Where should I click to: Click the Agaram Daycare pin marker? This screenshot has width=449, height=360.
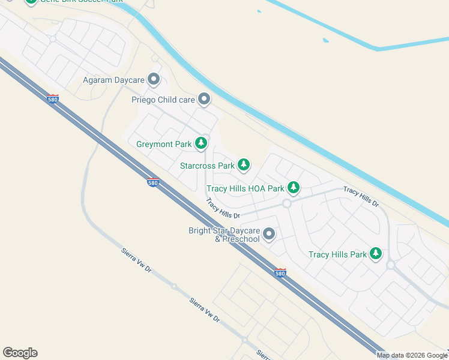click(154, 79)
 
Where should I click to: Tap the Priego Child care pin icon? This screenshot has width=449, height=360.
click(204, 99)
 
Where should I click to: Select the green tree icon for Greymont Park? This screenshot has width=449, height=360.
click(202, 143)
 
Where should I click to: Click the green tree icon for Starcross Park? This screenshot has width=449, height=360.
click(243, 164)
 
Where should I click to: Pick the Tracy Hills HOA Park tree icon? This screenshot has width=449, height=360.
click(293, 188)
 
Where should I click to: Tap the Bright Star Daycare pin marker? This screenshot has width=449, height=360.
click(269, 234)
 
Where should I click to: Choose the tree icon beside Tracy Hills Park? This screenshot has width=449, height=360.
click(376, 254)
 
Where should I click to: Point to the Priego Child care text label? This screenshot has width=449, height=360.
click(163, 100)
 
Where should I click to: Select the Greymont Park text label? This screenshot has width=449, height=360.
click(164, 144)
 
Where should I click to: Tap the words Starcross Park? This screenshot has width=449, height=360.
click(207, 166)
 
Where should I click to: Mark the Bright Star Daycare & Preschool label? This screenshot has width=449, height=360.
click(224, 235)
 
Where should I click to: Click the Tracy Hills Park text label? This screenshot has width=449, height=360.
click(337, 254)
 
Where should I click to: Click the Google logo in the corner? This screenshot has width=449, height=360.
click(20, 353)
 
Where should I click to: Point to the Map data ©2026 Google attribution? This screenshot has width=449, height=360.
click(412, 355)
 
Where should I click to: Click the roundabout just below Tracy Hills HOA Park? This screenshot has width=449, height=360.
click(287, 204)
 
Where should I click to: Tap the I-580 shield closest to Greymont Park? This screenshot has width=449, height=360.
click(153, 182)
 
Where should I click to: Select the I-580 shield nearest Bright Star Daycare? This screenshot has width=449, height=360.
click(280, 272)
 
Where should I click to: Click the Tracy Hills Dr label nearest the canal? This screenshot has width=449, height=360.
click(361, 196)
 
